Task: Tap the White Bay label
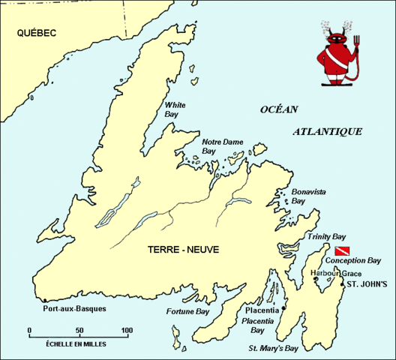pos(175,110)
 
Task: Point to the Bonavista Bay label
pos(309,196)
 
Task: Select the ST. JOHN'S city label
pos(366,284)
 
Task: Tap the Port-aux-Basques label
pos(75,308)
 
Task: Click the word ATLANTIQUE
pos(328,131)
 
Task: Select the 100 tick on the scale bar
pos(127,331)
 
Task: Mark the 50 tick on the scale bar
pos(79,331)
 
